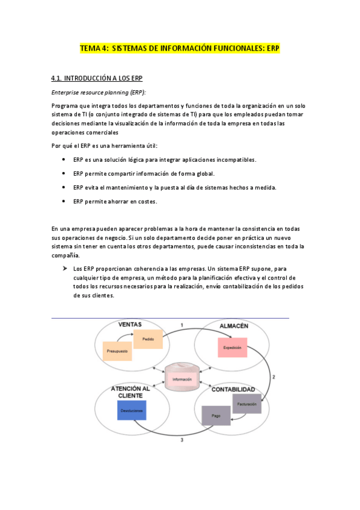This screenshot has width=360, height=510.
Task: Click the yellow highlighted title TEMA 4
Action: [180, 49]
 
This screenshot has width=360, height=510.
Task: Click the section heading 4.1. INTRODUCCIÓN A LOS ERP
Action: [97, 79]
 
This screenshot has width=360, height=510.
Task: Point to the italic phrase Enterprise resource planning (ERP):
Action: [99, 92]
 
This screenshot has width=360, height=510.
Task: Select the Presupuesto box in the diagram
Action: [117, 350]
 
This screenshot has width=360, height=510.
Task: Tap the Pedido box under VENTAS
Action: [148, 340]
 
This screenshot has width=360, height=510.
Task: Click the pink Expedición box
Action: [231, 348]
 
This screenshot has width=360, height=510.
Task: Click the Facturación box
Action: [246, 404]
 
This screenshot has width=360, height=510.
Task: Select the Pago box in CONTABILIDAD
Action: [216, 416]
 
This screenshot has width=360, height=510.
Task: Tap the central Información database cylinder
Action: [182, 376]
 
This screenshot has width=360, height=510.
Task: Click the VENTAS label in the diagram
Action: [130, 325]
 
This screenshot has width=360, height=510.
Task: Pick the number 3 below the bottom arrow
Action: [182, 441]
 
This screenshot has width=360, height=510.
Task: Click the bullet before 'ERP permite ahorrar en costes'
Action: [64, 201]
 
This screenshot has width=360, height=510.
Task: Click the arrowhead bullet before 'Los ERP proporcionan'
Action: [64, 268]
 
